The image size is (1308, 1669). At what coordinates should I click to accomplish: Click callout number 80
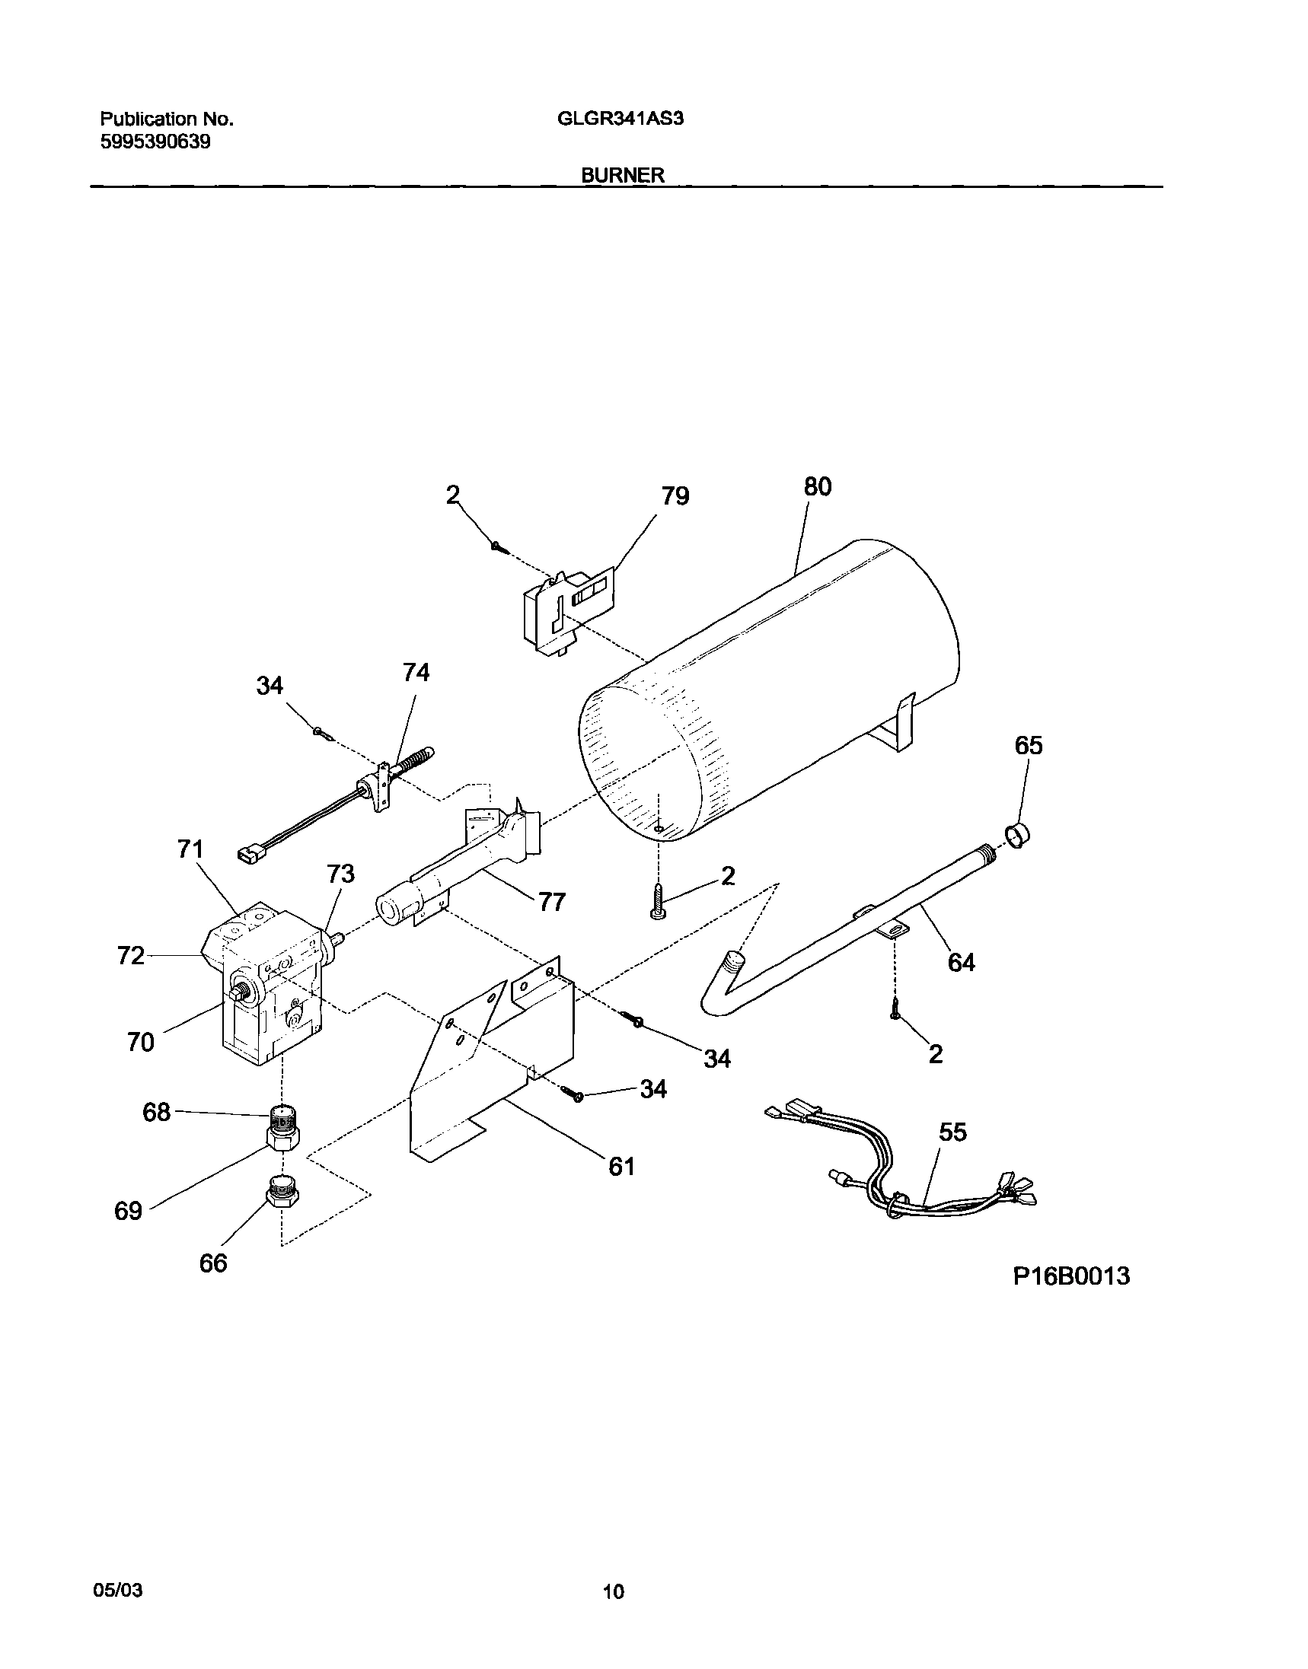point(818,487)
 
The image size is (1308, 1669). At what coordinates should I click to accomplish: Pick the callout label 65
point(1029,746)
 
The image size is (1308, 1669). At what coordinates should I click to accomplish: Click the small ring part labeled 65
point(1016,836)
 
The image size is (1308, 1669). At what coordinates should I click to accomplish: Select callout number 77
point(551,903)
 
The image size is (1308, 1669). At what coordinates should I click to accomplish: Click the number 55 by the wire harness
point(952,1132)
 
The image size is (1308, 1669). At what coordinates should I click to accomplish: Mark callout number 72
point(131,955)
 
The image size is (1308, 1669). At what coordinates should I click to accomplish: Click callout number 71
point(190,849)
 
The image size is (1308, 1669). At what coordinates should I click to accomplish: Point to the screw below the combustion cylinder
point(657,900)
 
